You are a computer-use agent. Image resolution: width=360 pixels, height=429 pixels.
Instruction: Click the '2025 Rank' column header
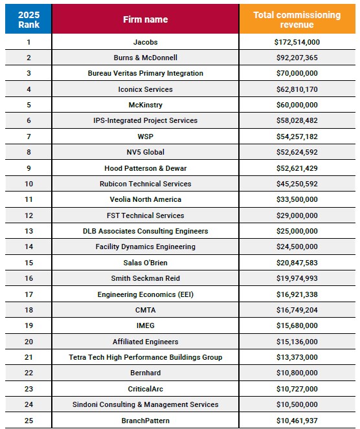(28, 19)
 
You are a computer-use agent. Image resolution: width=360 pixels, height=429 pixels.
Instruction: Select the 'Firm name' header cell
(145, 19)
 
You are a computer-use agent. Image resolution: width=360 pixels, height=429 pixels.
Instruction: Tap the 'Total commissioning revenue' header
(297, 19)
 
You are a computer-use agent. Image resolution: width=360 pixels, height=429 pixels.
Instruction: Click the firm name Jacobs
(145, 42)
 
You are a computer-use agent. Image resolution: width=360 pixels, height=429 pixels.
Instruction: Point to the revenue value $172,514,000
(297, 42)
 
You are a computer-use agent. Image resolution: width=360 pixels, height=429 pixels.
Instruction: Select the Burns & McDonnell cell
(145, 58)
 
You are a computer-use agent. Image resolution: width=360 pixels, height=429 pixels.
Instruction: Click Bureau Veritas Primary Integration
(145, 73)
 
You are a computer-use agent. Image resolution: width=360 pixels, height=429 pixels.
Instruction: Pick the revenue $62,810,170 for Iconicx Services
(297, 89)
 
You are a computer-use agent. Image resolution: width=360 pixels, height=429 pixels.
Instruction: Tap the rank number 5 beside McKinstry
(28, 105)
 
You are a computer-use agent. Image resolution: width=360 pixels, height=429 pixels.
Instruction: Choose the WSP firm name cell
(145, 137)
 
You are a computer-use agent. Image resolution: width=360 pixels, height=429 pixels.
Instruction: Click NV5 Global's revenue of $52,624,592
(297, 152)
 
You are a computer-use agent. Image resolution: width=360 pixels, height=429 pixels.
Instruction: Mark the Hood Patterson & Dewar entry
(145, 168)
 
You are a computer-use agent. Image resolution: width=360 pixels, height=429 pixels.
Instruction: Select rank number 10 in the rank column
(28, 184)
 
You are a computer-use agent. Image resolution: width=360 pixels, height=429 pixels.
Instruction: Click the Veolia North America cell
(145, 199)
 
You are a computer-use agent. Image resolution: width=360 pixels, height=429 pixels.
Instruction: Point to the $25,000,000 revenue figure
(297, 231)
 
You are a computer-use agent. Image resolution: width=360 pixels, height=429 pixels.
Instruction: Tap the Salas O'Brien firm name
(145, 263)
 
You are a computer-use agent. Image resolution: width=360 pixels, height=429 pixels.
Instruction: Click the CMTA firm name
(145, 310)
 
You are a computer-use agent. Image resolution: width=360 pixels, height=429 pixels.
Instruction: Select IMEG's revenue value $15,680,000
(297, 325)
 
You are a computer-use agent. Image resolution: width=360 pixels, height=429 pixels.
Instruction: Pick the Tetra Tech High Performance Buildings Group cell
(145, 357)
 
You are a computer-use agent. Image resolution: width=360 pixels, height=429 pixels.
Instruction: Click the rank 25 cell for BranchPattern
(28, 421)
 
